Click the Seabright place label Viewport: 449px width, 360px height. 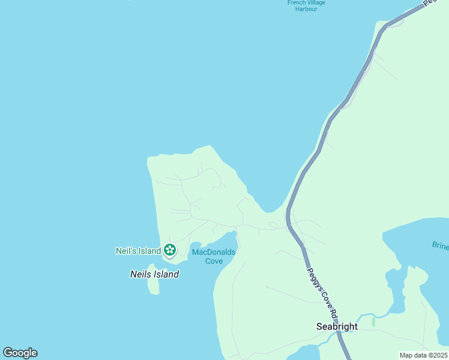pos(337,327)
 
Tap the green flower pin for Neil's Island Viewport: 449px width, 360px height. pos(170,249)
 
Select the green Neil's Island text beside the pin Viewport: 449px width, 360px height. pos(138,251)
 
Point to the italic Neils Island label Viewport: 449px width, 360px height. pos(154,274)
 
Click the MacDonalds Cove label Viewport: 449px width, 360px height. pos(214,256)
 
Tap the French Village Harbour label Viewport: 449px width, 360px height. pos(306,6)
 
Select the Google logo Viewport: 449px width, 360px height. pos(20,353)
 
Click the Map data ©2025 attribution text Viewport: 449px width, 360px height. pos(423,355)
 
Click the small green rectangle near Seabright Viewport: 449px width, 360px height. pos(373,322)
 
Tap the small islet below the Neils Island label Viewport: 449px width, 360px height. pos(154,286)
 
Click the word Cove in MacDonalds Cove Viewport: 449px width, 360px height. pos(214,261)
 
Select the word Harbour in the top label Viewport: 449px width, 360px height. pos(306,10)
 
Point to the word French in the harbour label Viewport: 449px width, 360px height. pos(297,3)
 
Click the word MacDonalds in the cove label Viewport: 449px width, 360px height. pos(214,252)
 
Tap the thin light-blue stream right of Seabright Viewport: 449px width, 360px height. pos(367,316)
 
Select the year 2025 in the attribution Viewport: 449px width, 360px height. pos(438,355)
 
